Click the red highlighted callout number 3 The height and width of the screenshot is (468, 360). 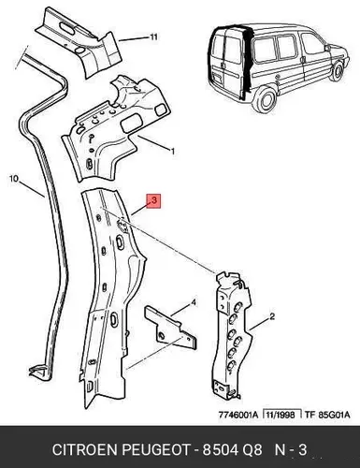[154, 201]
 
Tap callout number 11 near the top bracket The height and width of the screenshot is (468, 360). [153, 37]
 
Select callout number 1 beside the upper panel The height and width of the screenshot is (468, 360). [173, 152]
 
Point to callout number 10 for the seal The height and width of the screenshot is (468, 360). [14, 179]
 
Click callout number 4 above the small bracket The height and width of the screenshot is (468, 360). [194, 302]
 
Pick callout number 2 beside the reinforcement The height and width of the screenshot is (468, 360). [272, 316]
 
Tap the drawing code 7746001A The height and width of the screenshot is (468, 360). [238, 415]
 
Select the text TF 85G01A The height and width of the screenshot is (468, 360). [327, 415]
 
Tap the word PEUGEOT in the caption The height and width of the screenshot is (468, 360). [155, 450]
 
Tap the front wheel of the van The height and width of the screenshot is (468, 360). [338, 71]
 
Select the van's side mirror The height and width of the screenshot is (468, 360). [327, 48]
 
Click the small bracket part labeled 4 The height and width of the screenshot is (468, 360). [170, 327]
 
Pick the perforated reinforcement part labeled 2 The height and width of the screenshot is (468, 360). [231, 335]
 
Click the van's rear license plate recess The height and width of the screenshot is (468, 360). [217, 78]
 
